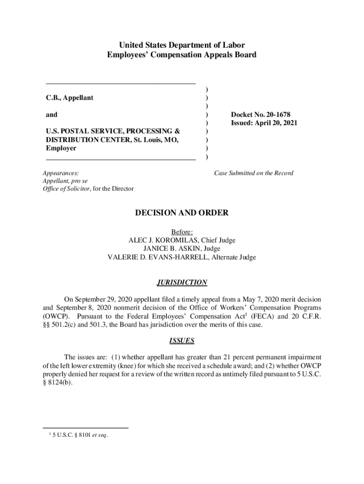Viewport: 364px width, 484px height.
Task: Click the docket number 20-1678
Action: coord(277,115)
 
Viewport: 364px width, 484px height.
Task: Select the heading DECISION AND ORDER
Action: coord(182,213)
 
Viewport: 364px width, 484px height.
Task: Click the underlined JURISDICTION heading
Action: coord(182,283)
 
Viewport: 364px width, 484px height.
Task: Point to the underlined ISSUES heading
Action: coord(182,340)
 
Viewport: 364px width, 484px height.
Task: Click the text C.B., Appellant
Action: coord(69,98)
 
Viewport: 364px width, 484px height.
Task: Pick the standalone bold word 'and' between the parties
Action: coord(52,115)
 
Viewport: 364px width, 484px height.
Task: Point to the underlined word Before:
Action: coord(182,232)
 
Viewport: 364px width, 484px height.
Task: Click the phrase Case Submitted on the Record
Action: coord(253,173)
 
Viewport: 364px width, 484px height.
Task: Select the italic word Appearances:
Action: coord(61,173)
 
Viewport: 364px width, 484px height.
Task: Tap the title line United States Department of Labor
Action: coord(182,45)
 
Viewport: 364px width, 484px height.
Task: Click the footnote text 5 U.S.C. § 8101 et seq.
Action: coord(81,435)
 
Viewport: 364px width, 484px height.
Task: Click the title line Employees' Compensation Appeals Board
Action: coord(182,55)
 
